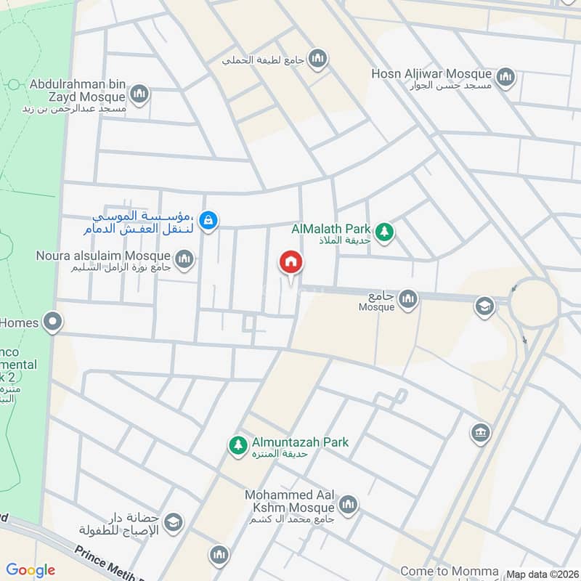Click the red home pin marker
(290, 263)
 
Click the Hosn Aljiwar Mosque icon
(505, 76)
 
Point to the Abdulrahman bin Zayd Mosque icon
(139, 94)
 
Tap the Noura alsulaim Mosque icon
(184, 259)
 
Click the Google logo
(31, 570)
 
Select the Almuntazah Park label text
(300, 442)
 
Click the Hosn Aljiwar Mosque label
(432, 74)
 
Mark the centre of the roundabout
(534, 302)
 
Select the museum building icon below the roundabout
(480, 433)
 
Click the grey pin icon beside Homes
(52, 321)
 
